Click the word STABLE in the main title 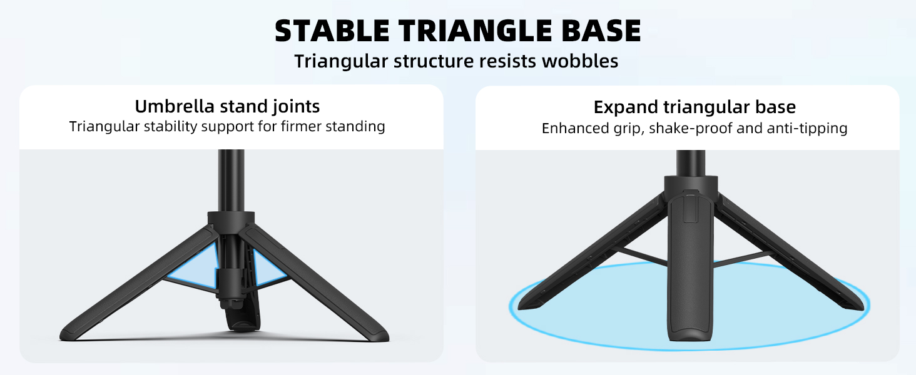[x=332, y=31]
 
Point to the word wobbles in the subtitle [x=580, y=61]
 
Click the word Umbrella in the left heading [x=175, y=107]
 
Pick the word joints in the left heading [x=296, y=107]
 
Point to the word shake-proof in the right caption [x=691, y=129]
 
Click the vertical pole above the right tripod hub [x=691, y=162]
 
